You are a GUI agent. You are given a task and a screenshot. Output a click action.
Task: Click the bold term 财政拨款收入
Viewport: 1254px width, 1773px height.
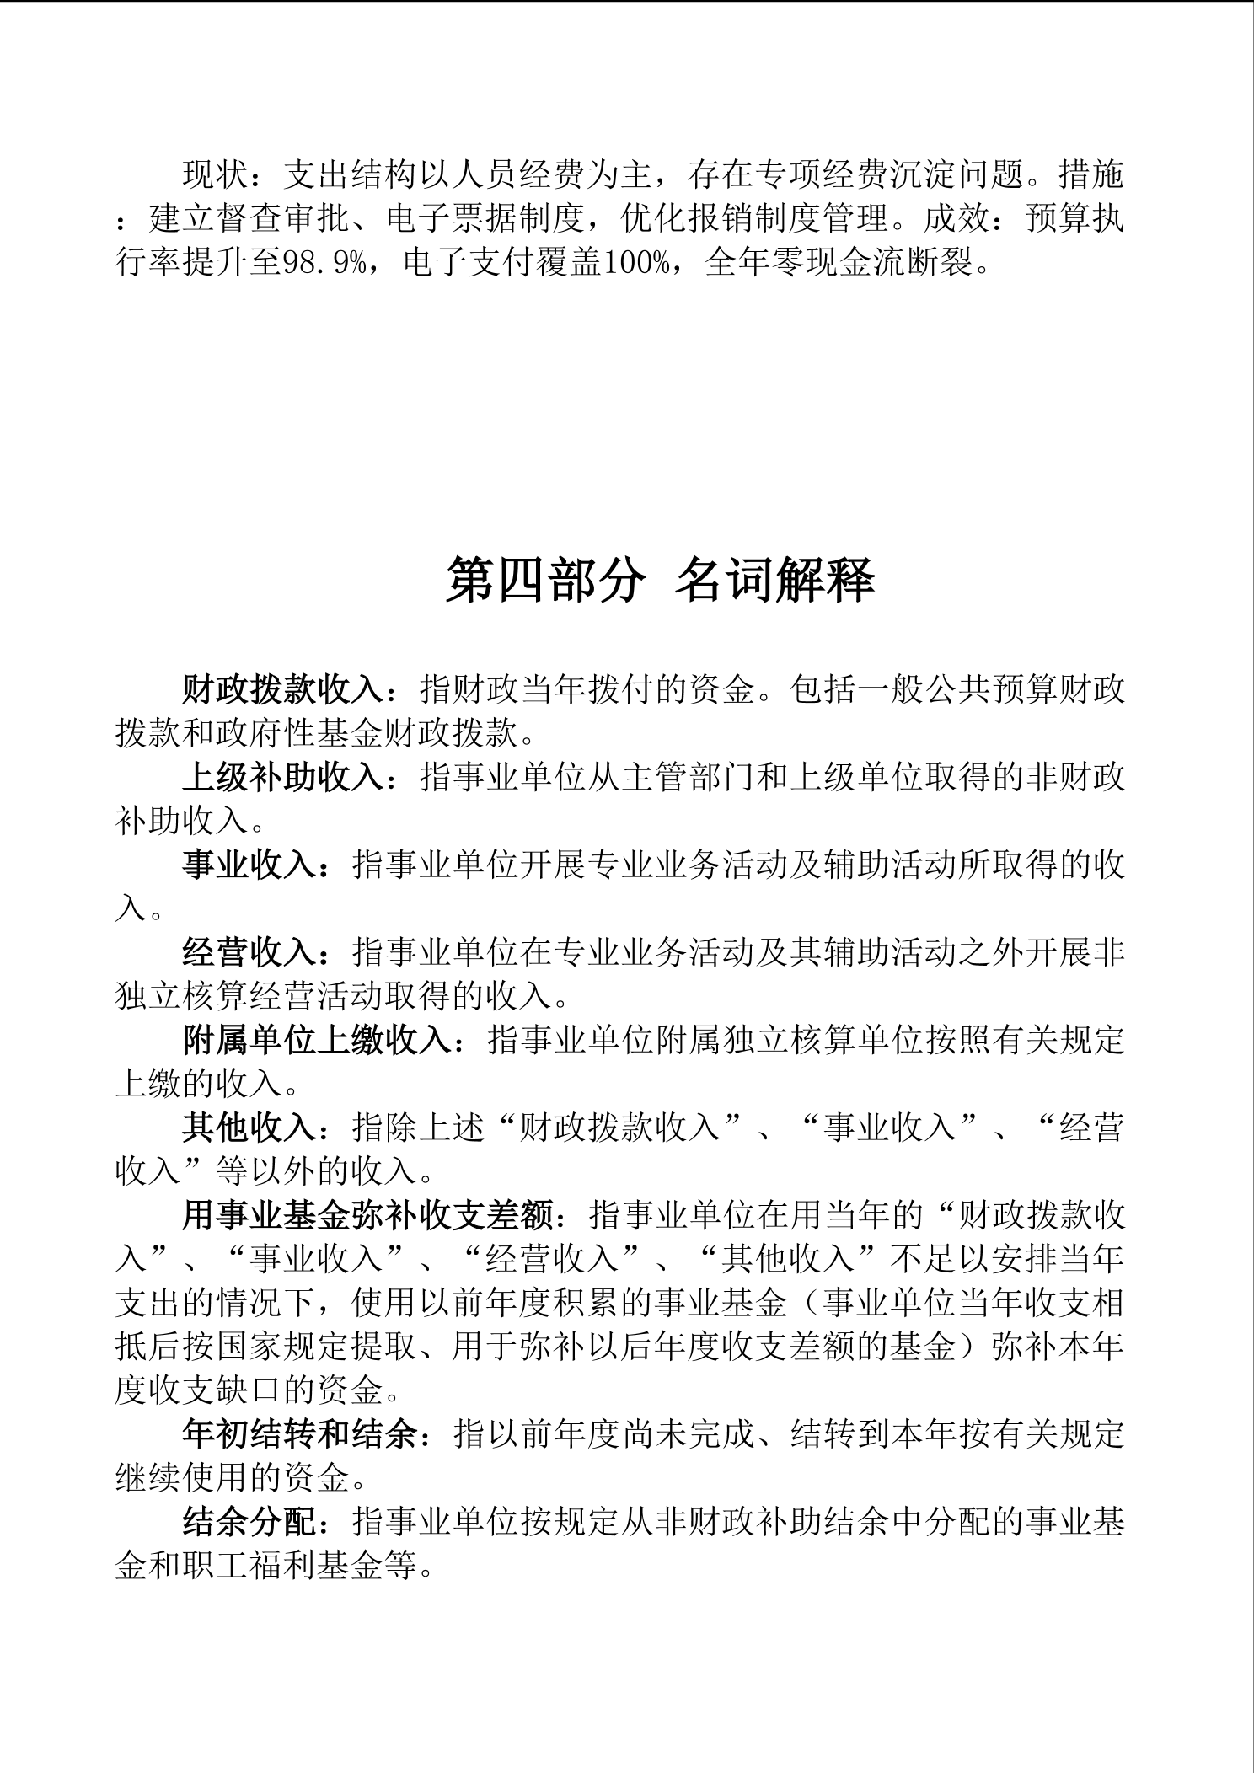(283, 690)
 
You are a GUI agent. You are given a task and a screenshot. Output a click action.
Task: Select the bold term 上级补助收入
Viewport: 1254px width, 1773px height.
(283, 778)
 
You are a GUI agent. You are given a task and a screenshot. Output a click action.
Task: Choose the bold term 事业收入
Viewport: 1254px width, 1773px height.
(249, 865)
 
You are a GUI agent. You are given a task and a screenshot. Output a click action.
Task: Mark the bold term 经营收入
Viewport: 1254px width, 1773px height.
(249, 953)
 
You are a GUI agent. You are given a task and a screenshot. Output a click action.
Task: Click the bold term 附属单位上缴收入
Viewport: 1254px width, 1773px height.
(317, 1041)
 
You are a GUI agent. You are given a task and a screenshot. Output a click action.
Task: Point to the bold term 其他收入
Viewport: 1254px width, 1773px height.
(249, 1128)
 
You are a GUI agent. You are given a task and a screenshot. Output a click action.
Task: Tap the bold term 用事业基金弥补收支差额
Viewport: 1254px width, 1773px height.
(367, 1216)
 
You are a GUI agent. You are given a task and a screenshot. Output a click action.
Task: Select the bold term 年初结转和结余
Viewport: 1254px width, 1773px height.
(300, 1435)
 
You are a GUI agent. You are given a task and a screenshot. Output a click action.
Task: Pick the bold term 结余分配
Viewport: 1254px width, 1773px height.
(249, 1523)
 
